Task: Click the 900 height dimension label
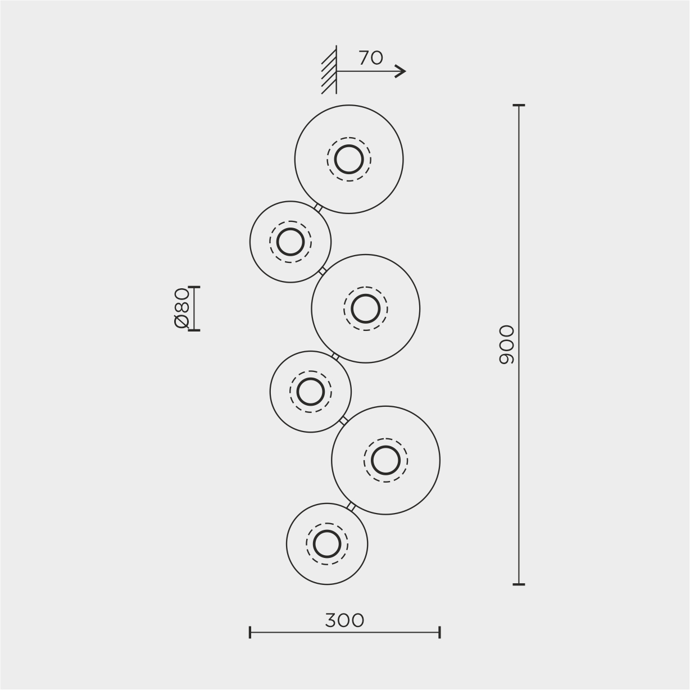click(506, 344)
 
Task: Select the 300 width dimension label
click(344, 620)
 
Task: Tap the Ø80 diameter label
click(181, 308)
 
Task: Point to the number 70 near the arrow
click(371, 58)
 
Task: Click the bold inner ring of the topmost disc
click(335, 160)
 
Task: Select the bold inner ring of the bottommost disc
click(314, 544)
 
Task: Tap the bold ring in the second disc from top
click(277, 242)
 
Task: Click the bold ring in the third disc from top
click(351, 308)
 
